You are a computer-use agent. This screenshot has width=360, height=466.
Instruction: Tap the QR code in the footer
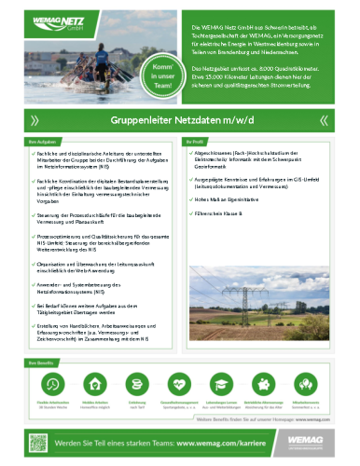click(x=38, y=442)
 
